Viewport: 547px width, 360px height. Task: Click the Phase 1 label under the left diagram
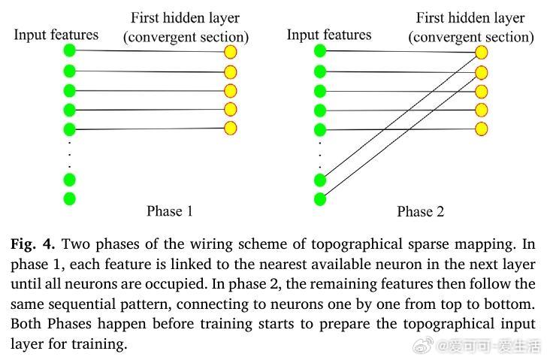click(169, 211)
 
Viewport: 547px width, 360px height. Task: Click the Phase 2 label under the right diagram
click(420, 212)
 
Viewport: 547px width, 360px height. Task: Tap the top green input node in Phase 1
click(70, 50)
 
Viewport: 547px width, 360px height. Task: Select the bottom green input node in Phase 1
click(70, 198)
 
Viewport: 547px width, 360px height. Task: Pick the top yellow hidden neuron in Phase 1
click(231, 52)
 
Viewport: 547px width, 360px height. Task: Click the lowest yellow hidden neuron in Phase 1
click(231, 128)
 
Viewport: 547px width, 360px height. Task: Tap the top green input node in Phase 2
click(320, 50)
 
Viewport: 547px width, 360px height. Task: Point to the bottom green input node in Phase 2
click(320, 199)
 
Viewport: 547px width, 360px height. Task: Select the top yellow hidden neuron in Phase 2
click(481, 53)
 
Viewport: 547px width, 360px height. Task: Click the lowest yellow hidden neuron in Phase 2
click(481, 129)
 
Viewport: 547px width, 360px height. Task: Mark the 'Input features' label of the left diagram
click(56, 35)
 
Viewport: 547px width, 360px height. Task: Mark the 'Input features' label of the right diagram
click(329, 35)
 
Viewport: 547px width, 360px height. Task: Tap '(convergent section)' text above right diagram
click(471, 37)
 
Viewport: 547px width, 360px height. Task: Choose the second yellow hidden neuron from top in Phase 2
click(481, 72)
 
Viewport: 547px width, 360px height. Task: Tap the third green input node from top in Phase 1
click(70, 91)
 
